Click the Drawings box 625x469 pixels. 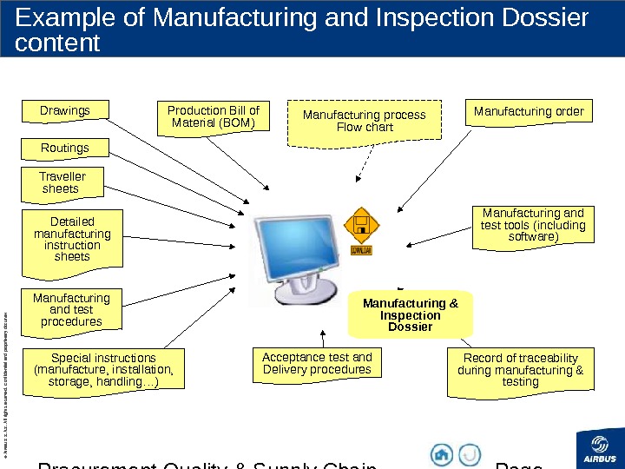pyautogui.click(x=66, y=111)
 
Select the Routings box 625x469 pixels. pyautogui.click(x=65, y=149)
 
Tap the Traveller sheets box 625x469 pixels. pyautogui.click(x=63, y=182)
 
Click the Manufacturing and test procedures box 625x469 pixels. pyautogui.click(x=72, y=310)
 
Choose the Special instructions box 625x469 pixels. pyautogui.click(x=103, y=369)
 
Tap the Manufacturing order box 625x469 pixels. pyautogui.click(x=529, y=112)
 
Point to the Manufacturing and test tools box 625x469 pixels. pyautogui.click(x=533, y=225)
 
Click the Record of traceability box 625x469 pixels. pyautogui.click(x=521, y=370)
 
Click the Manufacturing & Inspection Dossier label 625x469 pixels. pyautogui.click(x=411, y=315)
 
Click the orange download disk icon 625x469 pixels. pyautogui.click(x=360, y=229)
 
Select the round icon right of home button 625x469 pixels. pyautogui.click(x=470, y=454)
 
